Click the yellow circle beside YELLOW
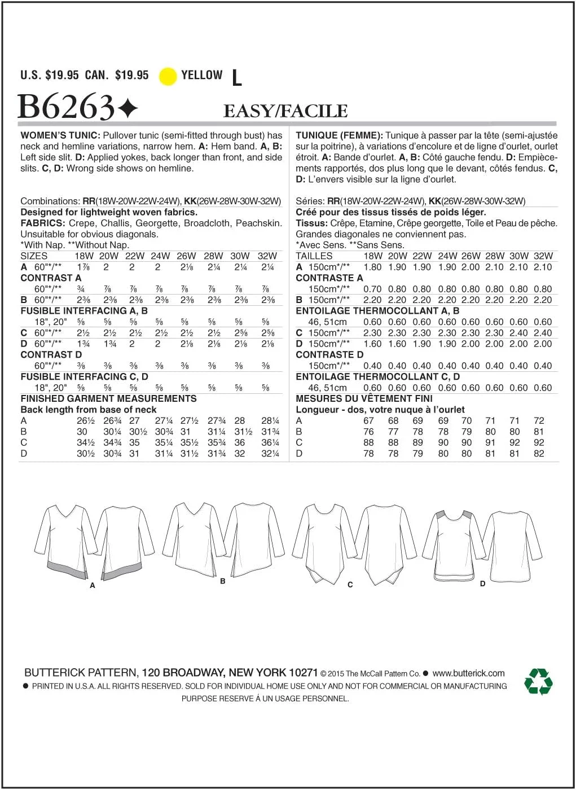click(168, 76)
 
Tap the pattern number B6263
click(67, 107)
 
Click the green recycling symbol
click(538, 681)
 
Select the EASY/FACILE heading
click(285, 111)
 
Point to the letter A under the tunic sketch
click(93, 586)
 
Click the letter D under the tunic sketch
click(482, 583)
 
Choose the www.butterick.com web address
click(468, 673)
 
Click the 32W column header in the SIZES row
click(267, 256)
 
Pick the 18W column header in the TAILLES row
click(373, 256)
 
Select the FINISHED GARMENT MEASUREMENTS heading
click(108, 398)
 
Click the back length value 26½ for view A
click(86, 420)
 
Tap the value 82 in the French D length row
click(539, 453)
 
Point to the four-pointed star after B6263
click(128, 107)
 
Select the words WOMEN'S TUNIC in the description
click(60, 135)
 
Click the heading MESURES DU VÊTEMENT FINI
click(364, 398)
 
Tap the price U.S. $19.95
click(50, 75)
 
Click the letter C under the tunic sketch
click(350, 585)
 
